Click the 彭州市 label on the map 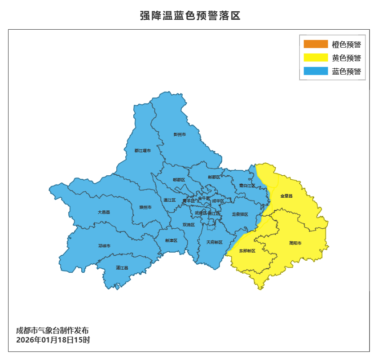point(180,134)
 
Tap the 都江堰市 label point(143,151)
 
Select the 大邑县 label point(104,212)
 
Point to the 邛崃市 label point(104,246)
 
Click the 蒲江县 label point(122,268)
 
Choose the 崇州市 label point(145,207)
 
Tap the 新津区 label point(171,241)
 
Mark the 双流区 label point(189,225)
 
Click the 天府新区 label point(214,242)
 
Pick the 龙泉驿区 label point(240,215)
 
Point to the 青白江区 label point(247,186)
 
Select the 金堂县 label point(286,196)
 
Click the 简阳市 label point(295,243)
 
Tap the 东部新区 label point(247,251)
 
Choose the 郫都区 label point(179,180)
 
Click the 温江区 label point(170,200)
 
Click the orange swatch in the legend point(316,44)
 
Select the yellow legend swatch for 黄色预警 point(316,58)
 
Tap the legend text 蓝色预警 point(347,71)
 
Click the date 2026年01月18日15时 point(53,340)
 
